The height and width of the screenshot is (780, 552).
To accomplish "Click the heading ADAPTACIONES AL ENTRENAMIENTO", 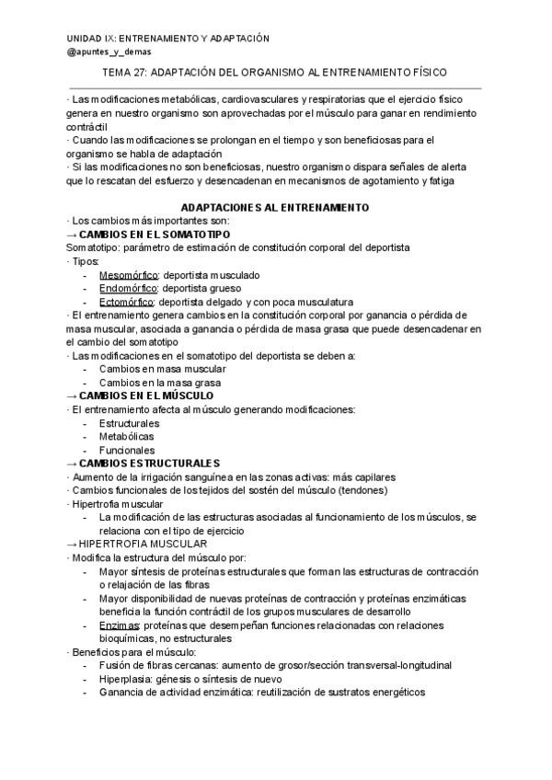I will pos(274,208).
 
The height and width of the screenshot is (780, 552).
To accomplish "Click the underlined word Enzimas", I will pos(117,625).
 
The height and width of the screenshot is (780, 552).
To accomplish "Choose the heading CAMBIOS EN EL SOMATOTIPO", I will pos(151,235).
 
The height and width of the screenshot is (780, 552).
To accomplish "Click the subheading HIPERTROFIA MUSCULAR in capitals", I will pos(135,544).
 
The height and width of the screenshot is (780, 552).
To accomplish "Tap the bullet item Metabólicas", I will pos(127,436).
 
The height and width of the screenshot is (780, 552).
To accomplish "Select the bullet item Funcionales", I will pos(127,450).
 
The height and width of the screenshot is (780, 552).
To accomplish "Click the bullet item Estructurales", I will pos(129,423).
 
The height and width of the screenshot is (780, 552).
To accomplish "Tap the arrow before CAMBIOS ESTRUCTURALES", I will pos(74,463).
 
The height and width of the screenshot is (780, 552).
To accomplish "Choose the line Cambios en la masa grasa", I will pos(160,383).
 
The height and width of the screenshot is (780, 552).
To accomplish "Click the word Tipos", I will pos(85,261).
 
